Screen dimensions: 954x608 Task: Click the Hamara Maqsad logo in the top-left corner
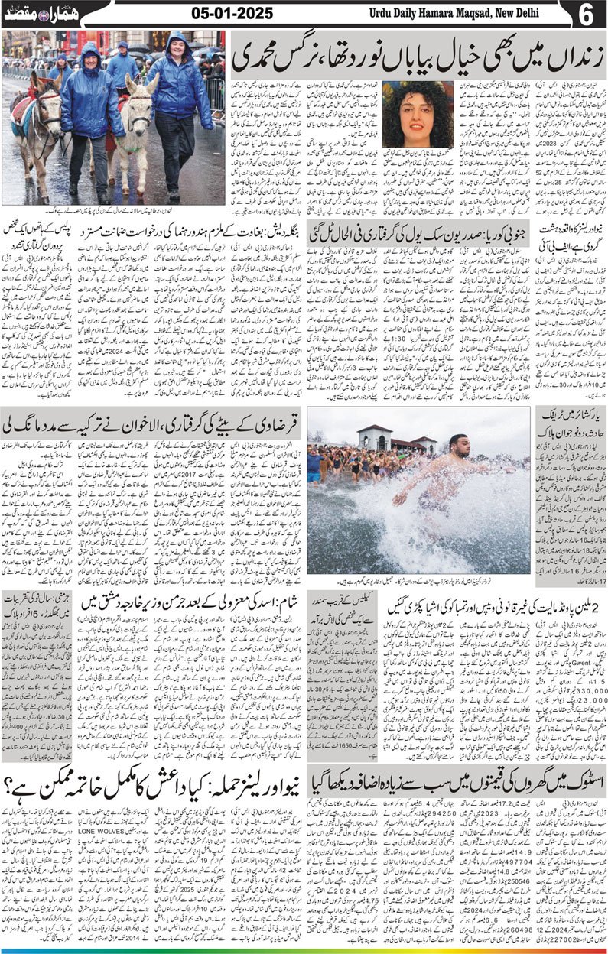35,15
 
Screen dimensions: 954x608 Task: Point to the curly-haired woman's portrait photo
418,114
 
